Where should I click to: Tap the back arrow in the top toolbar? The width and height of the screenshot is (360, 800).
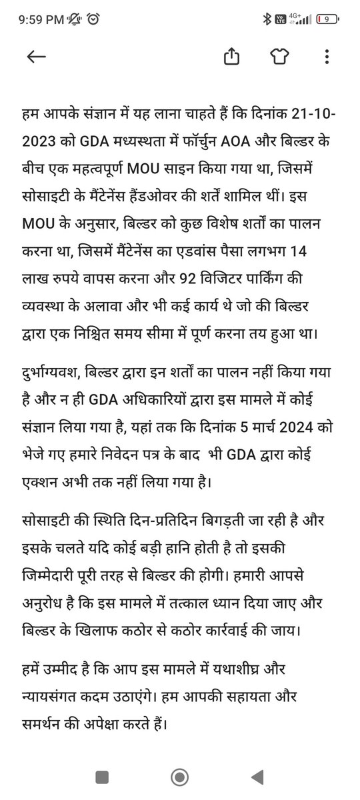click(x=36, y=57)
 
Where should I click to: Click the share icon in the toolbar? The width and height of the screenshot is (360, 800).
click(x=231, y=57)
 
